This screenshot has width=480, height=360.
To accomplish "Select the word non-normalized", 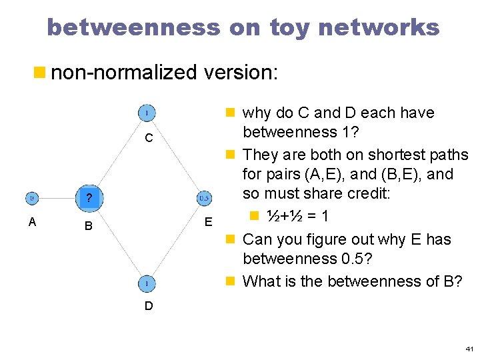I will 125,72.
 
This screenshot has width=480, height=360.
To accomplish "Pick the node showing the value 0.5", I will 205,197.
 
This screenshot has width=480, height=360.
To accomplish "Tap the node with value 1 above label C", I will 147,113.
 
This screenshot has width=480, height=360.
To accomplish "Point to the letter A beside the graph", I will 32,222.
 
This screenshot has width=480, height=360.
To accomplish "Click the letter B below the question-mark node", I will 89,227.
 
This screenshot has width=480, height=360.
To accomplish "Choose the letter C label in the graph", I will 149,139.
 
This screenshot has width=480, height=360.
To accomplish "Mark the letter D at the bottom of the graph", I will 149,306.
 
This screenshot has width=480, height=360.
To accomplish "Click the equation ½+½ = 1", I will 297,216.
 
